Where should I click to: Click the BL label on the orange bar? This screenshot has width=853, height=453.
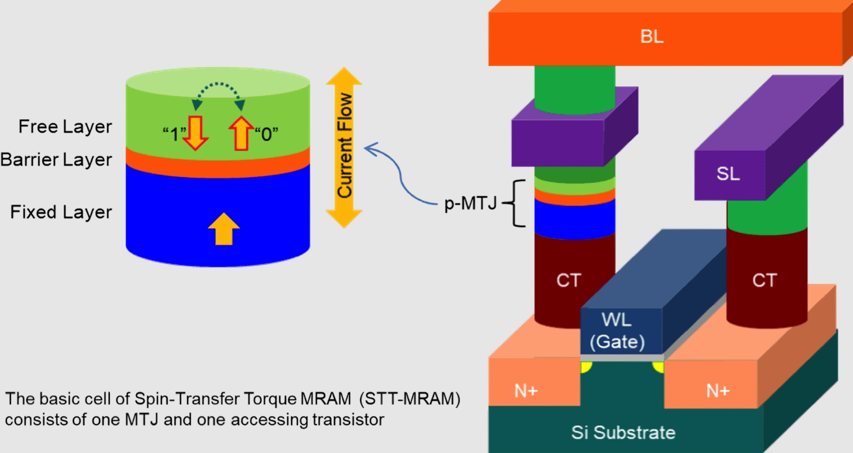point(651,37)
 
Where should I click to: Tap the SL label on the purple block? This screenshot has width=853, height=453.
point(728,174)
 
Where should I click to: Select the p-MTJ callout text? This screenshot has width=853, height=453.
point(470,203)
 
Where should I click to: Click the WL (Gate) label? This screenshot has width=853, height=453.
point(617,331)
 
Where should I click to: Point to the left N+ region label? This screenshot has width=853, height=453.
point(526,391)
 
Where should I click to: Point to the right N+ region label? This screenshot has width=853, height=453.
point(718,391)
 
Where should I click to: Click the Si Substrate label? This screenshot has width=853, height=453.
point(623,432)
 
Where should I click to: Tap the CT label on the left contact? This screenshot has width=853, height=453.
point(568,280)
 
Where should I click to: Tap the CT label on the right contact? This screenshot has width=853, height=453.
point(765,280)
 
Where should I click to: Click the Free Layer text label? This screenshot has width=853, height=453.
point(65,127)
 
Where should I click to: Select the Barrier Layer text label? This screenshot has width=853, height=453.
point(57,160)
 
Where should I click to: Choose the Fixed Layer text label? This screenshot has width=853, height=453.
point(61,212)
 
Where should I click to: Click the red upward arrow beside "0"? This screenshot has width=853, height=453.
point(241,133)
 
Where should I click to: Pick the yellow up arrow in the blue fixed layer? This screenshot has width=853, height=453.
point(223,229)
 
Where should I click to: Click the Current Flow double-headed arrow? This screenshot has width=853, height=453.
point(344,147)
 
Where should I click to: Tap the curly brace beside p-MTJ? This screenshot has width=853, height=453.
point(516,203)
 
